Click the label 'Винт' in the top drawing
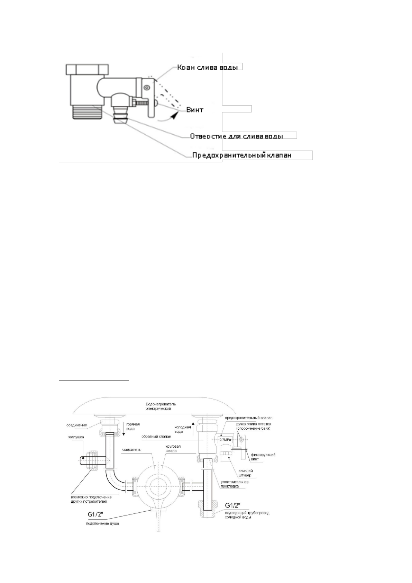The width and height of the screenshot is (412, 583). click(x=195, y=110)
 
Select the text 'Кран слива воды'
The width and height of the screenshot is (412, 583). click(x=207, y=67)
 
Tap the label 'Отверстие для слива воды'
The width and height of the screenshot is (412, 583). click(x=237, y=136)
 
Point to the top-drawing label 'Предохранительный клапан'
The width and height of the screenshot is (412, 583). click(x=241, y=155)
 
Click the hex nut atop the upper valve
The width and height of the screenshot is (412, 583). click(x=85, y=69)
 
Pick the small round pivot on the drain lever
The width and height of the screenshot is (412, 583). click(x=147, y=88)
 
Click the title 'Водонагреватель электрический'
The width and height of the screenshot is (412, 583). click(x=161, y=406)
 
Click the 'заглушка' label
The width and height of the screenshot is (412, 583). click(x=76, y=437)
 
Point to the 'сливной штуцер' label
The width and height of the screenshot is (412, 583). click(x=245, y=473)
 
